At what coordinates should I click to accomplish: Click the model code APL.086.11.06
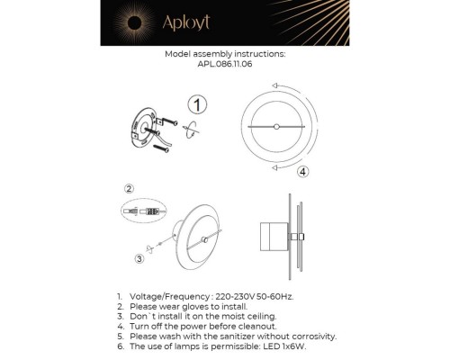pyautogui.click(x=225, y=64)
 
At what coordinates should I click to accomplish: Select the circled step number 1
pyautogui.click(x=196, y=104)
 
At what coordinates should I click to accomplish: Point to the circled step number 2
pyautogui.click(x=130, y=189)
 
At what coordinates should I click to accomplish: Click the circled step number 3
pyautogui.click(x=139, y=259)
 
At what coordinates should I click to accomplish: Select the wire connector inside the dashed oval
pyautogui.click(x=144, y=212)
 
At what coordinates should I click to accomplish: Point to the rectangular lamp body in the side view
pyautogui.click(x=268, y=236)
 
